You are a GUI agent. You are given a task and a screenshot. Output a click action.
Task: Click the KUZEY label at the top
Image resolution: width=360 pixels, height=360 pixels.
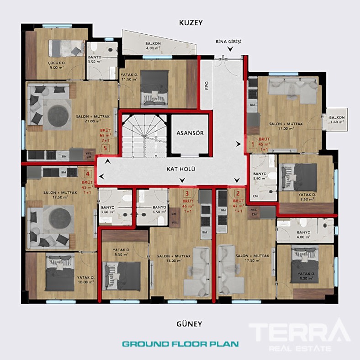tap(191, 22)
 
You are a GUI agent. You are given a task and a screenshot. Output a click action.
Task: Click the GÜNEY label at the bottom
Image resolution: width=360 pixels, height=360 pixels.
tap(189, 324)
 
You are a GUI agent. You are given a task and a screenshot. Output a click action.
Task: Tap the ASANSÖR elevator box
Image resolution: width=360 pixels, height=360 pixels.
tap(190, 133)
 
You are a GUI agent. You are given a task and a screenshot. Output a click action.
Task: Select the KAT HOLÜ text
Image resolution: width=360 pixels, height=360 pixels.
tap(181, 169)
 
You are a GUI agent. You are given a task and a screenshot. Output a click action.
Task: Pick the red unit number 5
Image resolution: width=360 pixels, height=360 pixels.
tap(106, 148)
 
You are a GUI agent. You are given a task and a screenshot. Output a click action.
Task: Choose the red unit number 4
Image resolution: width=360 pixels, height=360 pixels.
tap(88, 174)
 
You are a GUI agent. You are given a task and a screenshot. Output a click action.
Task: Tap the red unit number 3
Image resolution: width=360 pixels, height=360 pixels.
tap(187, 193)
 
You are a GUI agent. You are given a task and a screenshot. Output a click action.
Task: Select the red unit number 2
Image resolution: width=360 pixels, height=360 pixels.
tap(238, 193)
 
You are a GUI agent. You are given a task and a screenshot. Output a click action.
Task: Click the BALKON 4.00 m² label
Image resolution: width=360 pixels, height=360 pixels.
tap(153, 45)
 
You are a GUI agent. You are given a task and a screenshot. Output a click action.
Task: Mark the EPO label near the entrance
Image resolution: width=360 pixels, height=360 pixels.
tap(206, 85)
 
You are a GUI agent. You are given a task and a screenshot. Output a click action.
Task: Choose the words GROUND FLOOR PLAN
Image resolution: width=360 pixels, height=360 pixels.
tap(180, 344)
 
